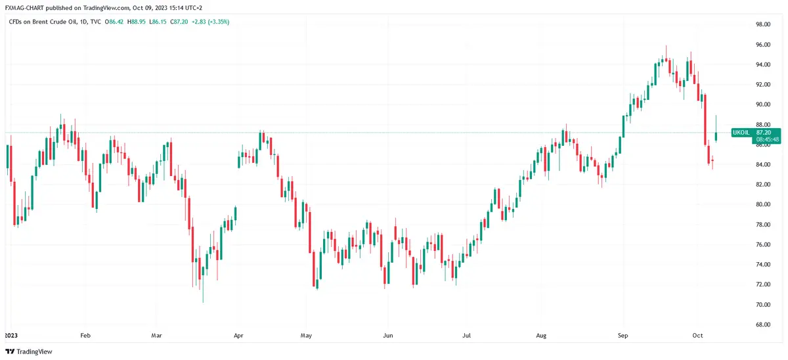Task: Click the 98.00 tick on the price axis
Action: (x=762, y=24)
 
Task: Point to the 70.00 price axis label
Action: (x=762, y=305)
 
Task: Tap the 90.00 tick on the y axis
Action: (x=762, y=104)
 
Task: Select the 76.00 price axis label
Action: (x=762, y=244)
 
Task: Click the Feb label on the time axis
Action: (x=84, y=335)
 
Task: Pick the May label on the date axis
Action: (x=305, y=335)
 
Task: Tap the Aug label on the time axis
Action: (x=540, y=335)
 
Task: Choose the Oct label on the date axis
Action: (x=698, y=335)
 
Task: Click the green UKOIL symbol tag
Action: (x=740, y=132)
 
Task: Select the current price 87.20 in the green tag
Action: (x=767, y=132)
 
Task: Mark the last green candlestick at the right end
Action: (x=716, y=135)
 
